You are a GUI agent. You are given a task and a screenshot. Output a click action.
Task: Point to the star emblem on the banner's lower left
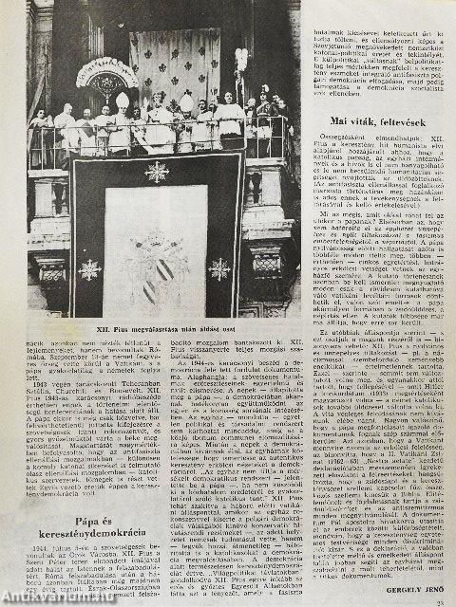click(89, 271)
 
